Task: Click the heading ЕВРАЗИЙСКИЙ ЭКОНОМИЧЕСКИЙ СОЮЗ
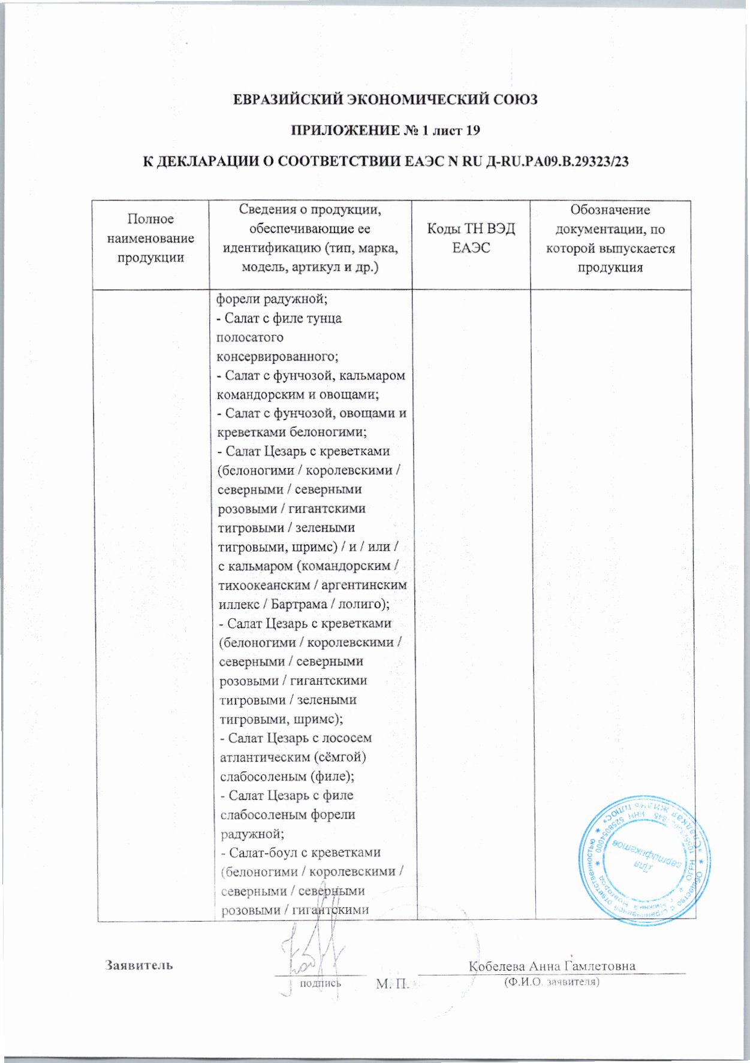coord(385,99)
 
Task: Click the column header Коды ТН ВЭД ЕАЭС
coord(471,238)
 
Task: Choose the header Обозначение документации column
coord(610,238)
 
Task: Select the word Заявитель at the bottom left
coord(140,965)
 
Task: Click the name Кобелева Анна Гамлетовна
coord(552,965)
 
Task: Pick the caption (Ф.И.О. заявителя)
coord(552,982)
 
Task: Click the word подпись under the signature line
coord(320,983)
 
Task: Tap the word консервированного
coord(278,356)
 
